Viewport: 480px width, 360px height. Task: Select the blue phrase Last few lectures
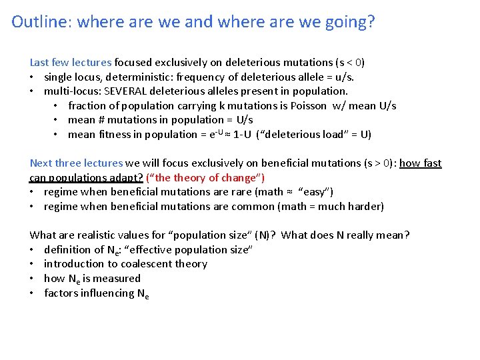coord(70,63)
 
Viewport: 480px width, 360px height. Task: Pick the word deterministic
coord(147,77)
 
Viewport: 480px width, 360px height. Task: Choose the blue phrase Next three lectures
coord(76,163)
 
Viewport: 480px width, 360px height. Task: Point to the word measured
coord(119,279)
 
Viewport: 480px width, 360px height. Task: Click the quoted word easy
coord(316,192)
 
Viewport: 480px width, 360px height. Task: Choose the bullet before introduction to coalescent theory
coord(33,264)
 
